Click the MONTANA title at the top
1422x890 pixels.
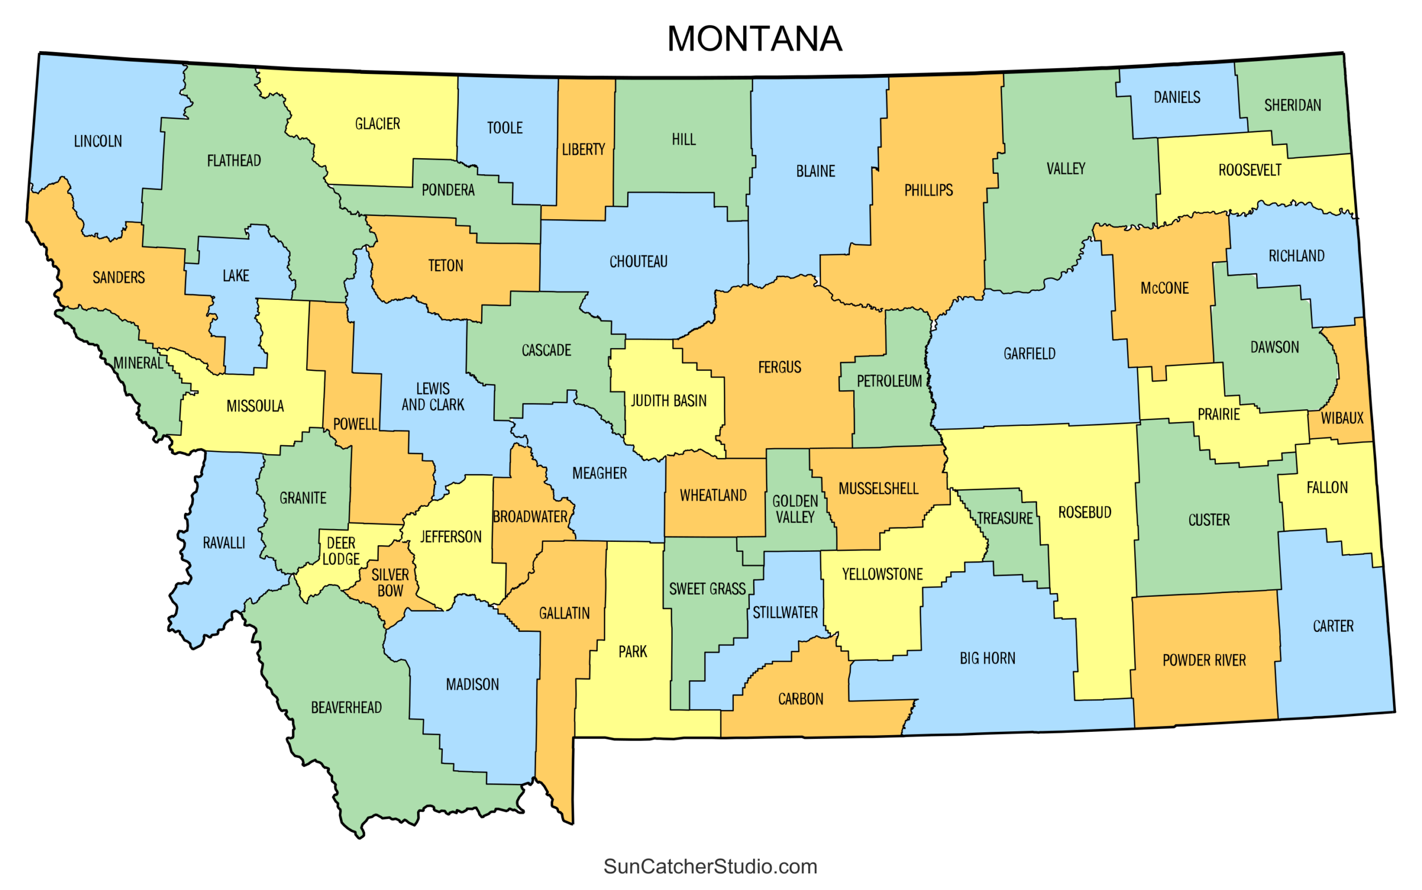point(754,39)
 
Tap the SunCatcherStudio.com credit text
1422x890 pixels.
point(710,867)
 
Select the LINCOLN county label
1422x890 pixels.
point(98,141)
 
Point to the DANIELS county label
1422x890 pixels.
point(1176,97)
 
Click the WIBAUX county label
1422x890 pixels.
point(1342,419)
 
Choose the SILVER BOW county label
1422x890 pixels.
point(390,583)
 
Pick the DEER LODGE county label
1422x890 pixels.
point(341,551)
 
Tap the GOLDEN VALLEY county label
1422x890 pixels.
point(795,509)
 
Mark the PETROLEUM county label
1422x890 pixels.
point(889,381)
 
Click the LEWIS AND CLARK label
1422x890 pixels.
point(433,397)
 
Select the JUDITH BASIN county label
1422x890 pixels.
point(668,401)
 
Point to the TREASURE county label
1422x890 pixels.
point(1004,519)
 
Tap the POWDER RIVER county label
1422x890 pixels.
point(1204,661)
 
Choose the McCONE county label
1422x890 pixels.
point(1164,288)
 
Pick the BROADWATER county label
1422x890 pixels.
point(530,517)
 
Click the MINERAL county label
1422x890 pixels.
point(138,363)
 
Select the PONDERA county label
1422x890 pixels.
point(448,190)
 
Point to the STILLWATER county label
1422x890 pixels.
point(785,613)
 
